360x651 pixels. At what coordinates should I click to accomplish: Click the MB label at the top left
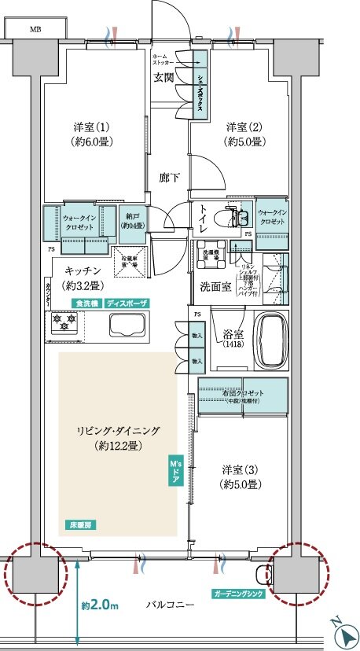click(x=36, y=29)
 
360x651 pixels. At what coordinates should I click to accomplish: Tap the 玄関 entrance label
click(x=163, y=77)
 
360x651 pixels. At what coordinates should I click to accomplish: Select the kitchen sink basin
click(x=130, y=324)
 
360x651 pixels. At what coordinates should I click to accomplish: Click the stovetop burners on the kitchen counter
click(x=62, y=322)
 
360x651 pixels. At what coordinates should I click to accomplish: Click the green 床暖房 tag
click(x=78, y=524)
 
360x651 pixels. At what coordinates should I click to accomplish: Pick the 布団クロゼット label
click(x=242, y=393)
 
